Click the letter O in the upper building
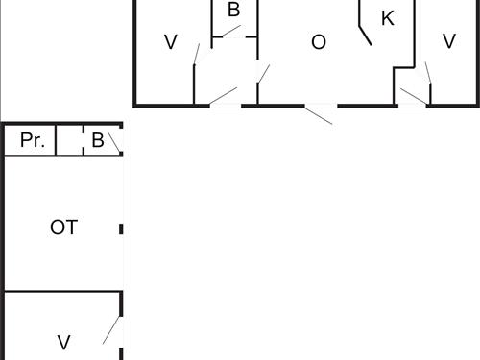[x=319, y=42]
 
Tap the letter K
[x=387, y=18]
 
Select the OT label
[x=63, y=228]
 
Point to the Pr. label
[x=32, y=140]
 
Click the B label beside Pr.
[x=97, y=140]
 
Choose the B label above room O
[x=233, y=11]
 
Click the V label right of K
[x=448, y=41]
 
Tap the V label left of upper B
[x=171, y=42]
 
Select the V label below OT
[x=63, y=342]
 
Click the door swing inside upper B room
[x=228, y=31]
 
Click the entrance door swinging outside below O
[x=319, y=114]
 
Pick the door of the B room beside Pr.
[x=113, y=143]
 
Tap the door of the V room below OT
[x=111, y=328]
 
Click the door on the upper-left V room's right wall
[x=197, y=54]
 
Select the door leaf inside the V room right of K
[x=428, y=75]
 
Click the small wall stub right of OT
[x=122, y=228]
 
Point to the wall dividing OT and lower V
[x=63, y=292]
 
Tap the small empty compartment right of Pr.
[x=68, y=140]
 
